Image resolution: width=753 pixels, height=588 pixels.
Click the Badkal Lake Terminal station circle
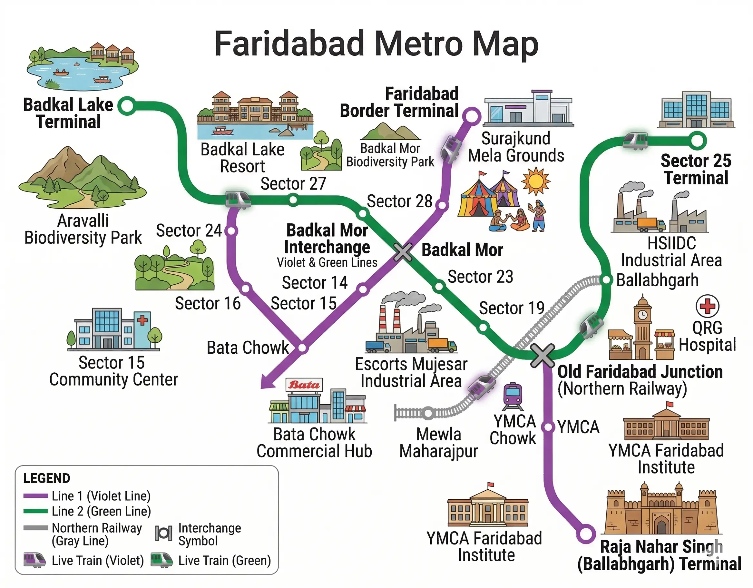[x=127, y=105]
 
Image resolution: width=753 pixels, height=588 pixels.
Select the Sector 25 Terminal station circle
[x=697, y=141]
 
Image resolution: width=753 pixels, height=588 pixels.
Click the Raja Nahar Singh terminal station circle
[x=585, y=534]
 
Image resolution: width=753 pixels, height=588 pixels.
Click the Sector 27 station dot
[x=293, y=200]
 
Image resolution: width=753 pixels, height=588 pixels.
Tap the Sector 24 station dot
[x=231, y=231]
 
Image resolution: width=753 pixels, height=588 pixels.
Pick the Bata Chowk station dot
[x=302, y=348]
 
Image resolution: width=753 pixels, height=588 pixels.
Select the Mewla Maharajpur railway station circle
[x=428, y=413]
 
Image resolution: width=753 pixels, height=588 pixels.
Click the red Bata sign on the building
[x=304, y=385]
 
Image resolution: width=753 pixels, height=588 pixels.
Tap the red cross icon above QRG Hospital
[x=707, y=306]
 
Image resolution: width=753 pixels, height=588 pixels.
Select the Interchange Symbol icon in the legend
[x=163, y=534]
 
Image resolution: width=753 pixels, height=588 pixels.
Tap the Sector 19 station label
[x=512, y=308]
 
